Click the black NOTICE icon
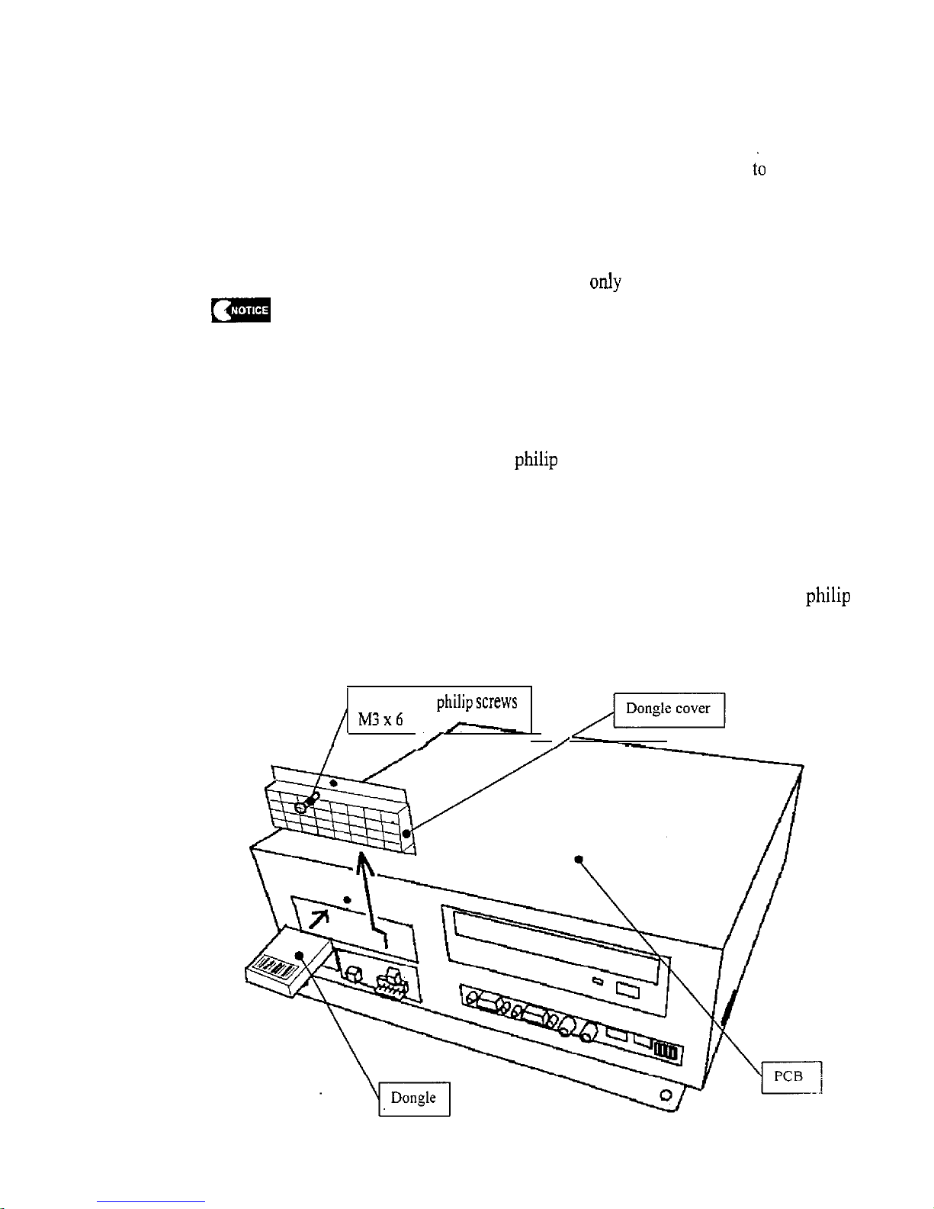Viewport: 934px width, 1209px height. coord(241,310)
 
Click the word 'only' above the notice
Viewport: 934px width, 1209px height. coord(605,281)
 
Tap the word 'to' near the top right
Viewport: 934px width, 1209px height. coord(759,169)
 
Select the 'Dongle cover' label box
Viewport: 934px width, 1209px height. coord(669,709)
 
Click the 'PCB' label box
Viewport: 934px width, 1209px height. coord(791,1077)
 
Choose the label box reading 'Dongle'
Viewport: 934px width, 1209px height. coord(414,1099)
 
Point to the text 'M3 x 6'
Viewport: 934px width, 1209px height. coord(380,719)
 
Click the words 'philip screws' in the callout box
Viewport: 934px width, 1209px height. coord(477,703)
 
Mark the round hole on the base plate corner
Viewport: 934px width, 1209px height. coord(666,1095)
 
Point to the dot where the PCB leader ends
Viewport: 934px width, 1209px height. coord(578,860)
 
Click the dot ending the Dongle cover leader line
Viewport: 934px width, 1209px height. coord(406,834)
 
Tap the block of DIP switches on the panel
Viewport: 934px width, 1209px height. coord(666,1051)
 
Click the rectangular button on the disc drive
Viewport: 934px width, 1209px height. coord(627,990)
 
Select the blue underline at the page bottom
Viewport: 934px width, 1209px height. coord(151,1202)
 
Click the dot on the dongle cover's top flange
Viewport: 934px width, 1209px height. coord(334,783)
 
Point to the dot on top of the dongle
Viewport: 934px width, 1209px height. coord(299,955)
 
